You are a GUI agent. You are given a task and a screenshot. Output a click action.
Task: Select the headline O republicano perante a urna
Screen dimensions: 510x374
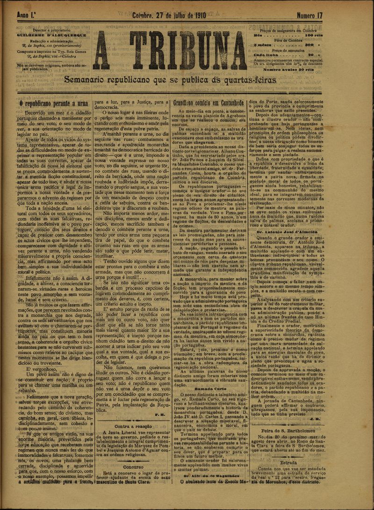pyautogui.click(x=54, y=103)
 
